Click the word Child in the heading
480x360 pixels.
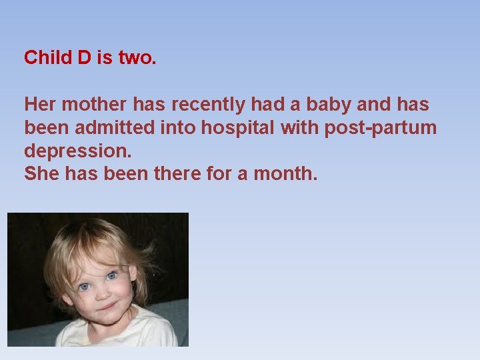(x=48, y=58)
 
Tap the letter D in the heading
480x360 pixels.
(x=84, y=58)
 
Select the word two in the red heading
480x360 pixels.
(x=137, y=58)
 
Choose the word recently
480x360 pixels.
(x=209, y=105)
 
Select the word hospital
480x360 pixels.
(x=242, y=128)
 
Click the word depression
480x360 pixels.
(x=77, y=151)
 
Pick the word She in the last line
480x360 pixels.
(x=41, y=174)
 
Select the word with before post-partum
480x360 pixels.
(x=299, y=128)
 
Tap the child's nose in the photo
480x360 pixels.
(x=98, y=293)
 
